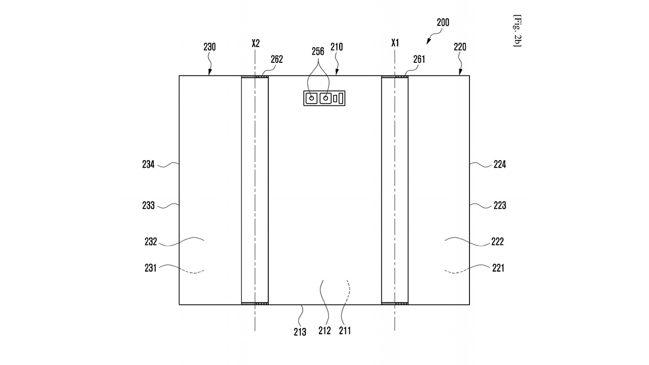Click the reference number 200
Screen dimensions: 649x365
tap(443, 22)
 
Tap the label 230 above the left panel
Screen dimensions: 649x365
tap(209, 47)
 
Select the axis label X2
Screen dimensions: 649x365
tap(256, 44)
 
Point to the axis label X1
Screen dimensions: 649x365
tap(395, 43)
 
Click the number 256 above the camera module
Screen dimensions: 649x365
tap(318, 52)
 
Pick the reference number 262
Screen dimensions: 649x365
tap(277, 59)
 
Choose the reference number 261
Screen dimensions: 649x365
tap(419, 59)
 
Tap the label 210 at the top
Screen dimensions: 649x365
tap(337, 47)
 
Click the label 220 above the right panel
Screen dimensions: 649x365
tap(460, 47)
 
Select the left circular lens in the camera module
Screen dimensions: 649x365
tap(312, 98)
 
